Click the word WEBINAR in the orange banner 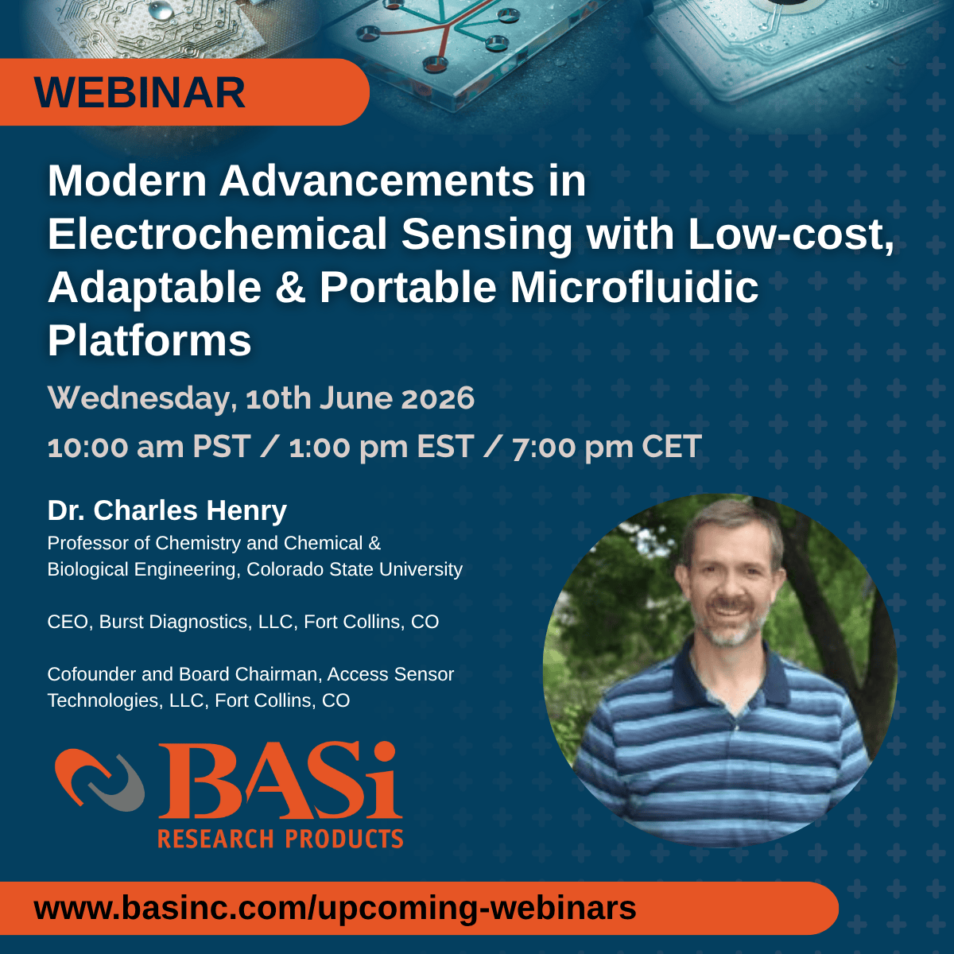pos(140,92)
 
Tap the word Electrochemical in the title pos(217,235)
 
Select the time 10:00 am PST pos(149,447)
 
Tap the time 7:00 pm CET pos(607,447)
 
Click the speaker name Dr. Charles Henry pos(167,510)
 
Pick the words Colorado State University pos(355,569)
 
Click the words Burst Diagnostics pos(176,622)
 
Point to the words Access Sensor pos(390,674)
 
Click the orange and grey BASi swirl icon pos(99,780)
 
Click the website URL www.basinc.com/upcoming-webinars pos(335,908)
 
